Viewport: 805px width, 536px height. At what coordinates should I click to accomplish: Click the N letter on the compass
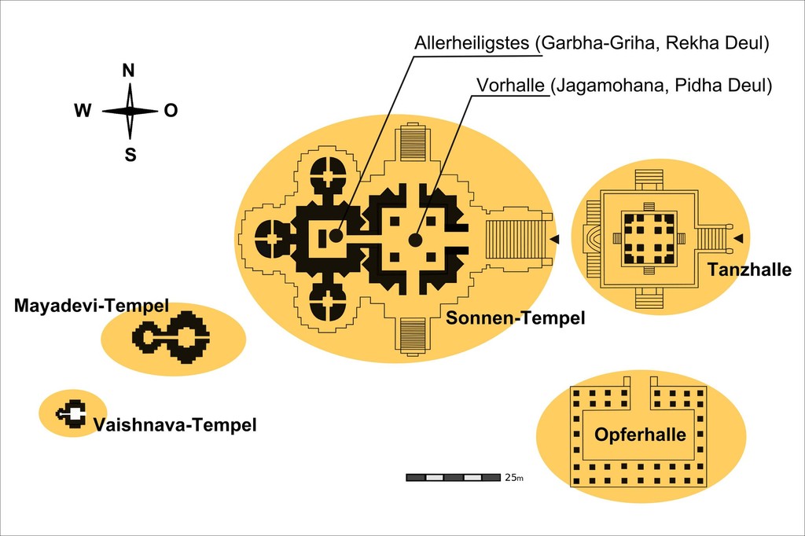coord(129,71)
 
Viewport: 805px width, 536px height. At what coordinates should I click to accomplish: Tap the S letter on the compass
coord(130,155)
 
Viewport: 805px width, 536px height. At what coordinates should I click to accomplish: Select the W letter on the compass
coord(83,112)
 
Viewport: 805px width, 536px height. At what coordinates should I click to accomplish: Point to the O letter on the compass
coord(171,112)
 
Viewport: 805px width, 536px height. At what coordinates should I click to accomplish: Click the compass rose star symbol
coord(130,112)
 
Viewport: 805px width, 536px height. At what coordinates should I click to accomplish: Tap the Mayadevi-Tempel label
coord(91,305)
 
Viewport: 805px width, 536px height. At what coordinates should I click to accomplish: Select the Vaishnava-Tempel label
coord(175,426)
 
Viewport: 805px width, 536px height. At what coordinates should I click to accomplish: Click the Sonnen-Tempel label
coord(516,318)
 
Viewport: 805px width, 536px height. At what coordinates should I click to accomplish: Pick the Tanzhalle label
coord(749,270)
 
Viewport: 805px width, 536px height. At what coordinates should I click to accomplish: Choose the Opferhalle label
coord(640,435)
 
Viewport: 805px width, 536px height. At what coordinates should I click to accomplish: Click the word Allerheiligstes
coord(472,44)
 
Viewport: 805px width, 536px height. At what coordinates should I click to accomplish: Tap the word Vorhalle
coord(510,86)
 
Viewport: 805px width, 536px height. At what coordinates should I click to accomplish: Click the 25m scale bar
coord(453,477)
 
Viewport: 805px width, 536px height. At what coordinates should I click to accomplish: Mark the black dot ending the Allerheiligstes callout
coord(336,235)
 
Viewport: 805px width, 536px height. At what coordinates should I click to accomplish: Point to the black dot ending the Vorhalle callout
coord(415,240)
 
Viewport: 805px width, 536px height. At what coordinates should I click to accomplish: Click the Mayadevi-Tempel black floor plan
coord(171,336)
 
